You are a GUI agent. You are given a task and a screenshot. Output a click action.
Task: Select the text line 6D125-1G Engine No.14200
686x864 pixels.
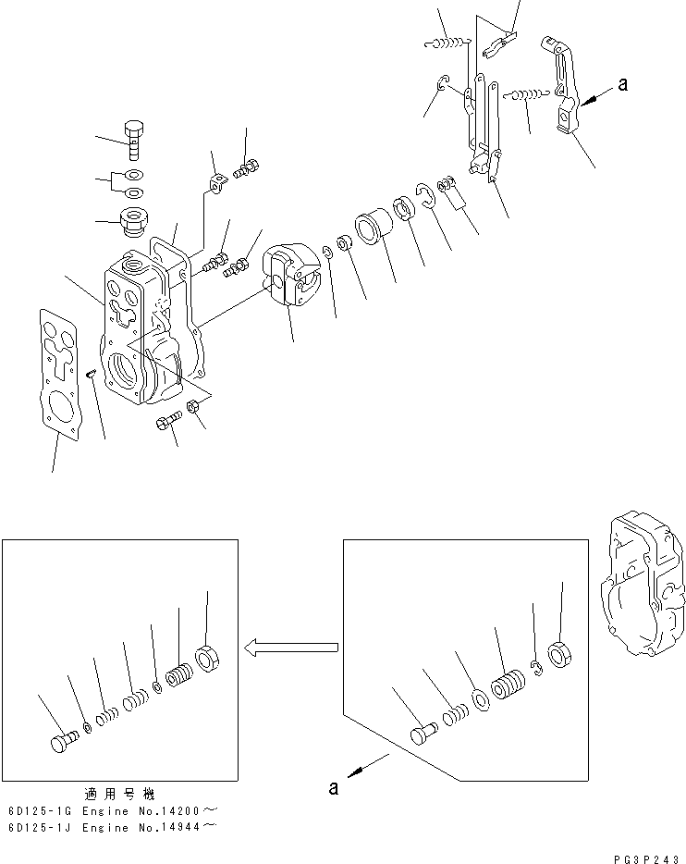pos(111,809)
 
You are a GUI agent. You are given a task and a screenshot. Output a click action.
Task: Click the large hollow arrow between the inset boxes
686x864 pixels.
pos(289,648)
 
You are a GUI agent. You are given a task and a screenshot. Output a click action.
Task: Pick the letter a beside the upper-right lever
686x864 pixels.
pos(622,84)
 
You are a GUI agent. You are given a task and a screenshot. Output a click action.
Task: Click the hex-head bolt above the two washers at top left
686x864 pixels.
pos(134,140)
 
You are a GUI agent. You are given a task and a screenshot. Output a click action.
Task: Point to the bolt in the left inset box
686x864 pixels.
pos(62,742)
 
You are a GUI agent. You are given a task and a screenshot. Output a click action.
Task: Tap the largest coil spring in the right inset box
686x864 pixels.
pos(508,690)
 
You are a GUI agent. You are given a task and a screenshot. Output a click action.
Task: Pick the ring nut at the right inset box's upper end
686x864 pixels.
pos(559,654)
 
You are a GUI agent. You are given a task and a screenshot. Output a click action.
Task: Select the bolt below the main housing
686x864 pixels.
pos(167,423)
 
